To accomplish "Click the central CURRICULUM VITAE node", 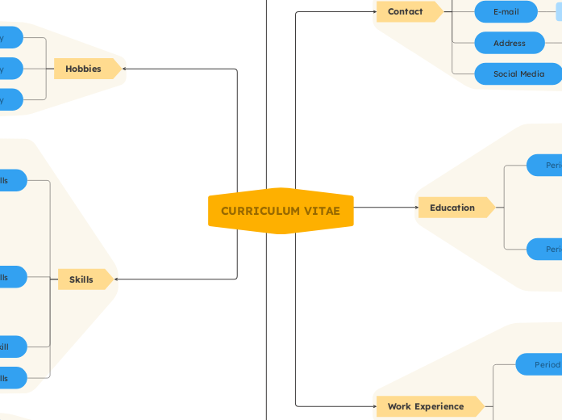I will (x=281, y=212).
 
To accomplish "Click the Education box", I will (x=454, y=208).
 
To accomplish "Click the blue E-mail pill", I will (x=506, y=11).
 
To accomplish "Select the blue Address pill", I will (x=509, y=43).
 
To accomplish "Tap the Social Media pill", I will (x=518, y=73).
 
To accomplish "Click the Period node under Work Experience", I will (x=545, y=364).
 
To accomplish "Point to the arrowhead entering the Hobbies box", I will (x=124, y=69).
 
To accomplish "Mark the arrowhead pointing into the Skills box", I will (x=117, y=279).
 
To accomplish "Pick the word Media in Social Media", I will (x=531, y=73).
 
